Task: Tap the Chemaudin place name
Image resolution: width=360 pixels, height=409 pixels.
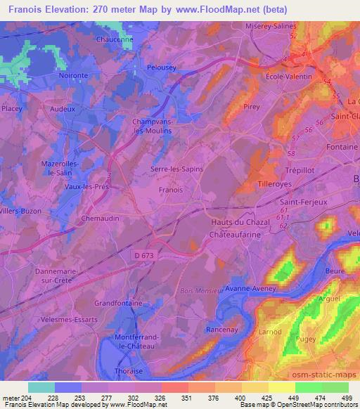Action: (x=100, y=219)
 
